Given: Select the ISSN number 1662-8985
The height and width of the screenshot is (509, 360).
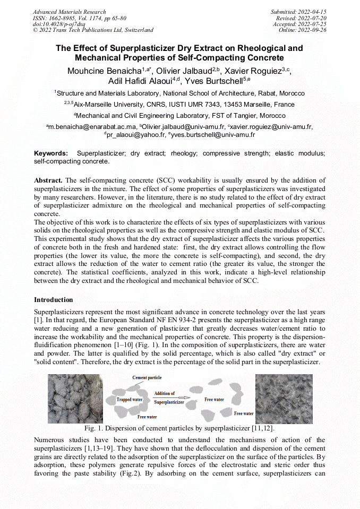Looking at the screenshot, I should [x=61, y=18].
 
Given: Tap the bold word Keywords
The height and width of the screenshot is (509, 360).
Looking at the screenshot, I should [x=51, y=153].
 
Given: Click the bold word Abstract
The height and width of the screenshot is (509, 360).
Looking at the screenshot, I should [x=49, y=180].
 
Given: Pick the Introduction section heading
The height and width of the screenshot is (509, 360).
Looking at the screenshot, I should [x=54, y=300].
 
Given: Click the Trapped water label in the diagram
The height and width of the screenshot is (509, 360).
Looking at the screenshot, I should [x=131, y=400].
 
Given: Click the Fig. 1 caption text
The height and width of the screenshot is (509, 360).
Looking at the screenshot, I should [x=179, y=428].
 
